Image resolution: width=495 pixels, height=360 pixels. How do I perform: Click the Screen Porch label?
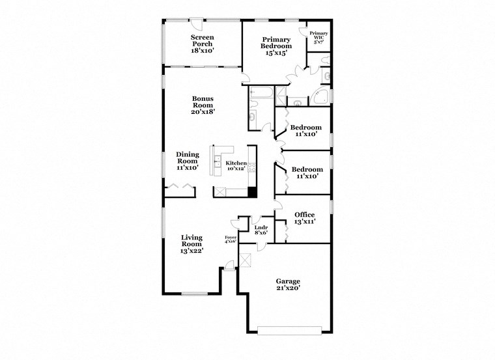tap(202, 44)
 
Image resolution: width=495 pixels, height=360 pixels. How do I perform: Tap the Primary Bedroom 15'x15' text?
tap(276, 46)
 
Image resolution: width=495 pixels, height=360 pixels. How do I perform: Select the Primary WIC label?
tap(318, 38)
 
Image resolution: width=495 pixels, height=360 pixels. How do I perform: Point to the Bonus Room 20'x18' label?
tap(203, 105)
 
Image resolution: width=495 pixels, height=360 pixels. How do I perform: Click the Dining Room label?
tap(188, 161)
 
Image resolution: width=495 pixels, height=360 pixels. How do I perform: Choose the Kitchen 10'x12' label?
tap(236, 165)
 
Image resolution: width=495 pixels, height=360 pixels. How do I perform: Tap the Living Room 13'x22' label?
tap(191, 244)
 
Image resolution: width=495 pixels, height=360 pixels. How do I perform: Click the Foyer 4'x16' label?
tap(231, 240)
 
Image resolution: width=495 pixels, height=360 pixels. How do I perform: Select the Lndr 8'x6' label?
tap(261, 230)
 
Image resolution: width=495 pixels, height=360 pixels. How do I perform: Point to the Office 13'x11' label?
tap(304, 218)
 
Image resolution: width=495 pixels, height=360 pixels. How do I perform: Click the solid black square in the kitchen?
tap(251, 192)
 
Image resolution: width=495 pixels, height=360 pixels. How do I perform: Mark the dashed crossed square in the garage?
tap(246, 260)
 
